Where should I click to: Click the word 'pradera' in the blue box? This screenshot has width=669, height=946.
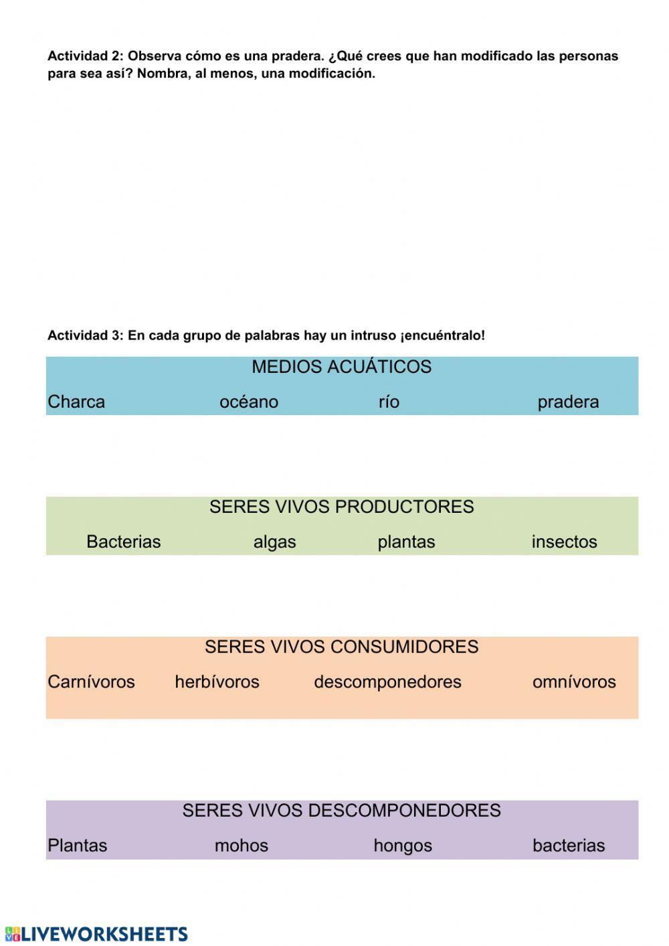(568, 402)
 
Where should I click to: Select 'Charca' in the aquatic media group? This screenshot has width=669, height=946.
(76, 402)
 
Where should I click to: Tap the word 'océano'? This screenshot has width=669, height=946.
(249, 402)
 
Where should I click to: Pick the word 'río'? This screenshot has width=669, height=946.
(389, 402)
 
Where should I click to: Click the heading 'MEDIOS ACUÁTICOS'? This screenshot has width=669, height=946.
(341, 367)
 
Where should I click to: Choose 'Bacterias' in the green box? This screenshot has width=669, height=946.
(124, 542)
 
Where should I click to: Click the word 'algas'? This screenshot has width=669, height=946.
(274, 542)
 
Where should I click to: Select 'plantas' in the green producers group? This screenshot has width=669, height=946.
(406, 542)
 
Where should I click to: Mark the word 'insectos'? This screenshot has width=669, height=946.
(564, 542)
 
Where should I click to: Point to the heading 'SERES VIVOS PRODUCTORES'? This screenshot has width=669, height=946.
(341, 507)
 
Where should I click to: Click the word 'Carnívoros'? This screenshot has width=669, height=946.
(91, 682)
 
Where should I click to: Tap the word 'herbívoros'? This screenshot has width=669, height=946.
(217, 682)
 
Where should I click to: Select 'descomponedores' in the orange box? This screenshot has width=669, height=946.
(387, 682)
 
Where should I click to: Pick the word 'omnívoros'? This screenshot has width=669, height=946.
(574, 682)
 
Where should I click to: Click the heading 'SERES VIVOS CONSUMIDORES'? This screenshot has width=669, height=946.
(341, 647)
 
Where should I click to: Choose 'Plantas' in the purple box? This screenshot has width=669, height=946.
(77, 846)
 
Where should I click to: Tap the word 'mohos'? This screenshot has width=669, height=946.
(241, 846)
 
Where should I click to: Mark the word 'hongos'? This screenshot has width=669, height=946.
(403, 846)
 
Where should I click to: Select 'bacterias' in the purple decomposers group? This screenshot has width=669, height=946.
(569, 846)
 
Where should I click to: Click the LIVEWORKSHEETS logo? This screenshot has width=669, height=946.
(96, 934)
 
